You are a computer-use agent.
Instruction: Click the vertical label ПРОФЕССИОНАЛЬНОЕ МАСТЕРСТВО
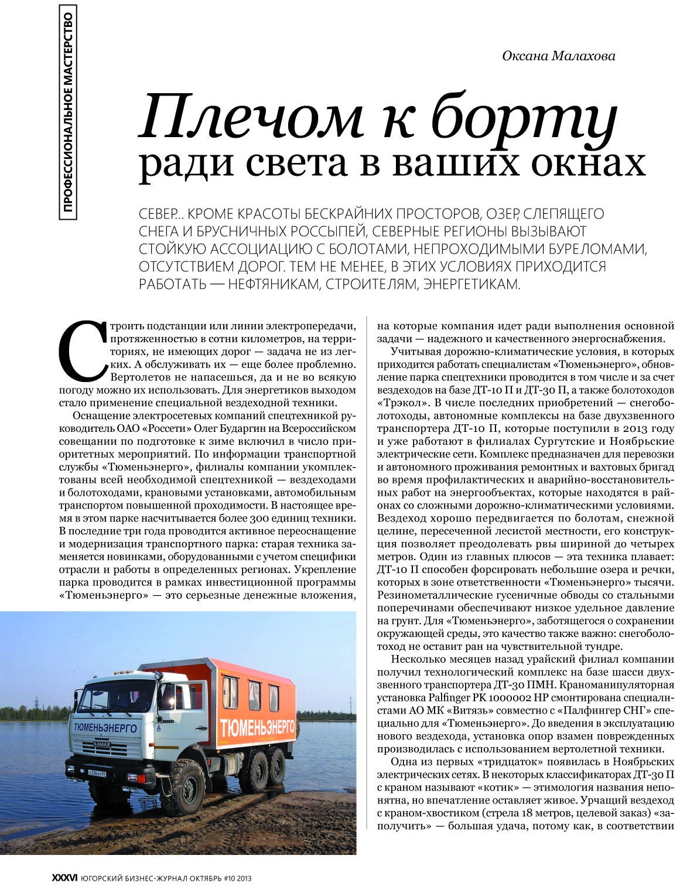pyautogui.click(x=69, y=111)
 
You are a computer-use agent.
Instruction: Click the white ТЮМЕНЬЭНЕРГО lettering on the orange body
pyautogui.click(x=257, y=728)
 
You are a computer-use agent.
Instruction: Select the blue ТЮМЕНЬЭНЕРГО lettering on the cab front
pyautogui.click(x=106, y=728)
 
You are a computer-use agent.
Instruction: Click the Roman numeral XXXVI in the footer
pyautogui.click(x=64, y=878)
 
